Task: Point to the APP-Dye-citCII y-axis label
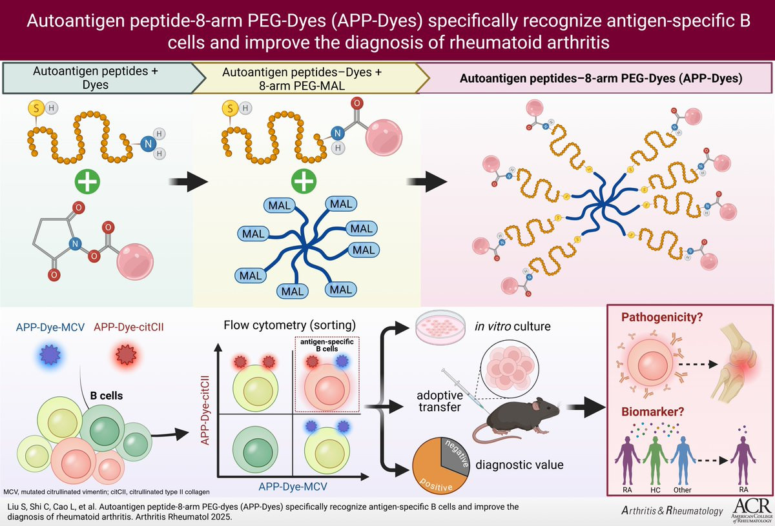pyautogui.click(x=208, y=413)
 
